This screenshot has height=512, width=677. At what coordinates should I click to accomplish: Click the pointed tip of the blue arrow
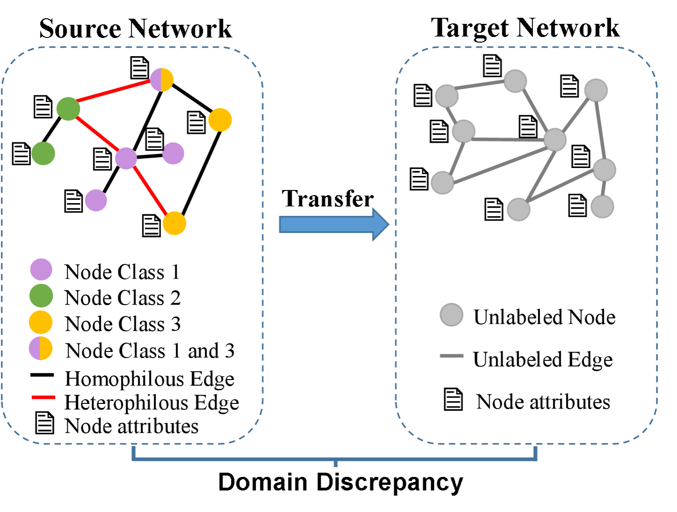pos(388,225)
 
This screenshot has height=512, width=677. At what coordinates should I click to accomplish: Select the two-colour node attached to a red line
pos(162,80)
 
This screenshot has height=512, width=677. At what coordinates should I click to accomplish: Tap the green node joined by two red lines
pos(68,109)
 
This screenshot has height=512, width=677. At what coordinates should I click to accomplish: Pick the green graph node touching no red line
pos(43,154)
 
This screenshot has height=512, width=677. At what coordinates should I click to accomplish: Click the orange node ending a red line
pos(174,223)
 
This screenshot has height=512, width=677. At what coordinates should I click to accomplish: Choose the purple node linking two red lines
pos(126,158)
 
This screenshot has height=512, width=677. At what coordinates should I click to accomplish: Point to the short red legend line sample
pos(43,397)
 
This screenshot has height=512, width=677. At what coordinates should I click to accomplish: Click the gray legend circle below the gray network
pos(451,315)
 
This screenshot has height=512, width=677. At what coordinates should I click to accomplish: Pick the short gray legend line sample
pos(452,356)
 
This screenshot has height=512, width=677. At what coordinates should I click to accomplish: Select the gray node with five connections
pos(555,139)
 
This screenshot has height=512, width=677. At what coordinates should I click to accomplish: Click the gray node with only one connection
pos(603,206)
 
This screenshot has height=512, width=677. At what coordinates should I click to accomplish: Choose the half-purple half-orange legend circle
pos(40,348)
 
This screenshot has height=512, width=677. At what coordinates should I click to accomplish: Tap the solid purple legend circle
pos(41,270)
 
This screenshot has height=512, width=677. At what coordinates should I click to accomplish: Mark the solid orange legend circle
pos(40,322)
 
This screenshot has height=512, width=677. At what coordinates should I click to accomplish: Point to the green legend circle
pos(41,296)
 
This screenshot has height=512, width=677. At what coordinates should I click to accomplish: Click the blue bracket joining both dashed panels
pos(335,459)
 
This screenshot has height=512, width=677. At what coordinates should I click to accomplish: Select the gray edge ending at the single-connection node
pos(604,188)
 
